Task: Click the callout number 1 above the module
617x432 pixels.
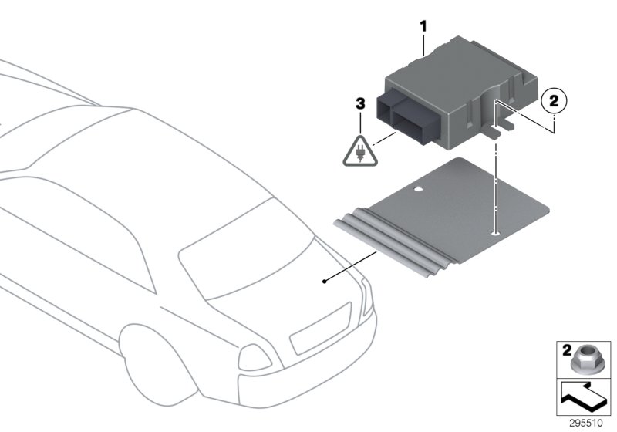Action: pos(423,26)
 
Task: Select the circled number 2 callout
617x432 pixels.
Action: pos(554,100)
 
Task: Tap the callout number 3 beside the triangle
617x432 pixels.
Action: pos(359,103)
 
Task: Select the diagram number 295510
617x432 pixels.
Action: pos(587,423)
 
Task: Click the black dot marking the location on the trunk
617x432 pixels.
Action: pos(325,282)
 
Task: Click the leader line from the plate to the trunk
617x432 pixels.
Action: pos(351,267)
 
